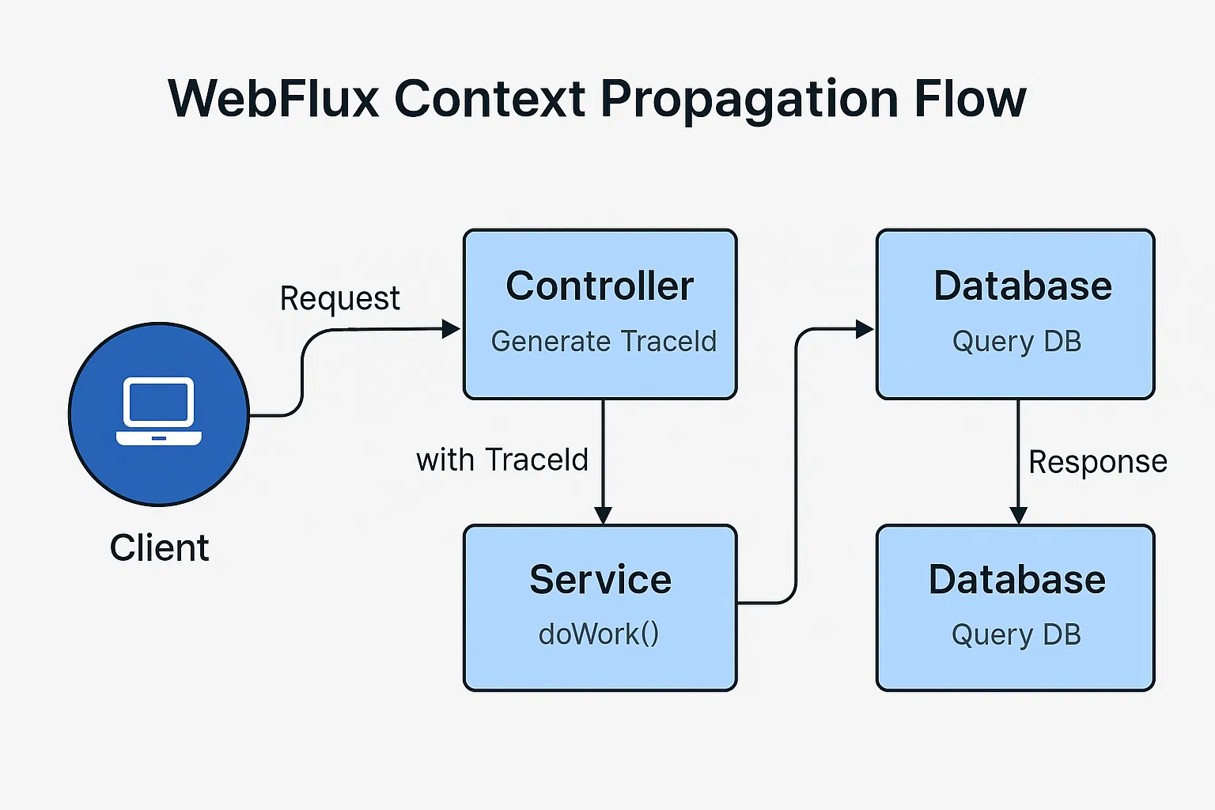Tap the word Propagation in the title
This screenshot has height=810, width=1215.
point(749,101)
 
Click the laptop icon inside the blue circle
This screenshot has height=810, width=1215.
point(159,411)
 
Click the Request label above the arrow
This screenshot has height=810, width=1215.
point(339,299)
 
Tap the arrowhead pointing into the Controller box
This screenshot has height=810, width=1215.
point(452,329)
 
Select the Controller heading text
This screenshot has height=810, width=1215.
point(600,286)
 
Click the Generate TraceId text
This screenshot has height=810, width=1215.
point(604,341)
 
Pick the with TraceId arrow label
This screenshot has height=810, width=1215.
point(502,460)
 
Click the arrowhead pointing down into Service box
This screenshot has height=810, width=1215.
point(604,516)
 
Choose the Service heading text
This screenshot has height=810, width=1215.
point(600,580)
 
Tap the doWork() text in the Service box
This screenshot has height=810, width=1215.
point(599,634)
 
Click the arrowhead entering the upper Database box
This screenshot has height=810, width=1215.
point(865,329)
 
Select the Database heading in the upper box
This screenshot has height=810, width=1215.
point(1023,286)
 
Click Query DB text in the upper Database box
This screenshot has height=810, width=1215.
point(1017,343)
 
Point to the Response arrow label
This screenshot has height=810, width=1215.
point(1099,462)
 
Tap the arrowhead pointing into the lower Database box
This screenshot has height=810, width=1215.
point(1018,516)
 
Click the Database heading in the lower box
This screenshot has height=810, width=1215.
point(1017,580)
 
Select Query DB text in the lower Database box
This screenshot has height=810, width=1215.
point(1016,635)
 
